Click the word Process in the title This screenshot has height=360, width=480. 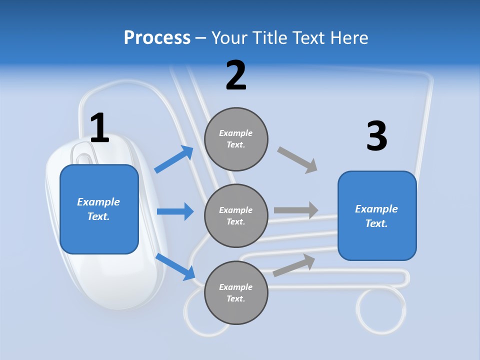pyautogui.click(x=157, y=38)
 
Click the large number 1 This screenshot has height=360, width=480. pyautogui.click(x=99, y=128)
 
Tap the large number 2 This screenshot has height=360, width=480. pyautogui.click(x=236, y=75)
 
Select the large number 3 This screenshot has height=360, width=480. pyautogui.click(x=376, y=136)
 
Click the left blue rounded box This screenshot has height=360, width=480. pyautogui.click(x=99, y=209)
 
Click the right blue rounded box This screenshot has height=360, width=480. pyautogui.click(x=377, y=216)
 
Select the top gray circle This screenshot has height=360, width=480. pyautogui.click(x=236, y=139)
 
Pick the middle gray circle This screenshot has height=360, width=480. pyautogui.click(x=236, y=216)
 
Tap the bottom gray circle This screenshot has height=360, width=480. pyautogui.click(x=236, y=293)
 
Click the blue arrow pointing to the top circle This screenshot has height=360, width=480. pyautogui.click(x=174, y=159)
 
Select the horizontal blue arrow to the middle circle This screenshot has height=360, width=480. pyautogui.click(x=175, y=211)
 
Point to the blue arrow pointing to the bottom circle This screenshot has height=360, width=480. pyautogui.click(x=175, y=266)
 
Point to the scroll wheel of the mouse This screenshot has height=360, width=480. pyautogui.click(x=82, y=152)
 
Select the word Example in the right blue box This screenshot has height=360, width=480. pyautogui.click(x=376, y=209)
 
